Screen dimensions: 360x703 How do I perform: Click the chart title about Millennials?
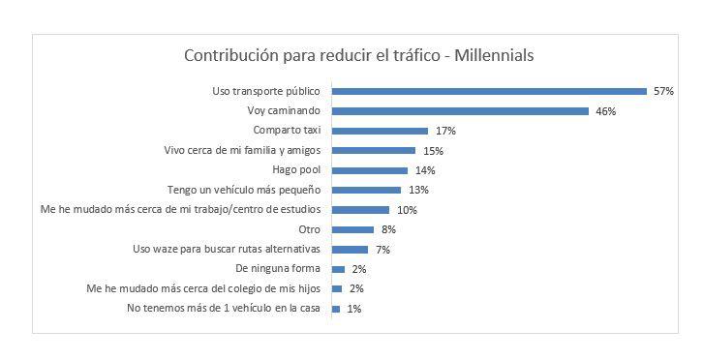tap(359, 55)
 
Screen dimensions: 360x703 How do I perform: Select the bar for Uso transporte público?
tap(489, 91)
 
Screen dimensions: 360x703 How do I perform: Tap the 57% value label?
tap(663, 91)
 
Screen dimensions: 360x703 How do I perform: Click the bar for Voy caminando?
tap(460, 111)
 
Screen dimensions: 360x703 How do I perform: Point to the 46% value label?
tap(605, 111)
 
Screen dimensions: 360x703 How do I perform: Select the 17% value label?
tap(444, 131)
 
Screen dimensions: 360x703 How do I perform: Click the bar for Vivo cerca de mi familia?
tap(374, 150)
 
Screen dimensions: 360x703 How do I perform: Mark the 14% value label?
tap(424, 170)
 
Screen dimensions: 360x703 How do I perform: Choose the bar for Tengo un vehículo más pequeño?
tap(366, 190)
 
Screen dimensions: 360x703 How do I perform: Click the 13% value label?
tap(417, 190)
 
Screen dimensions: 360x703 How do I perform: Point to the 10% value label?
tap(406, 210)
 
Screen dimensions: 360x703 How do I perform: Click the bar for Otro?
tap(352, 229)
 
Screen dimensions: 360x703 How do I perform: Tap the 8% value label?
tap(388, 229)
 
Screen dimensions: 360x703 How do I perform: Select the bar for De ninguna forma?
tap(338, 269)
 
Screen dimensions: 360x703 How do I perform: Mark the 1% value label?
tap(354, 309)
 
